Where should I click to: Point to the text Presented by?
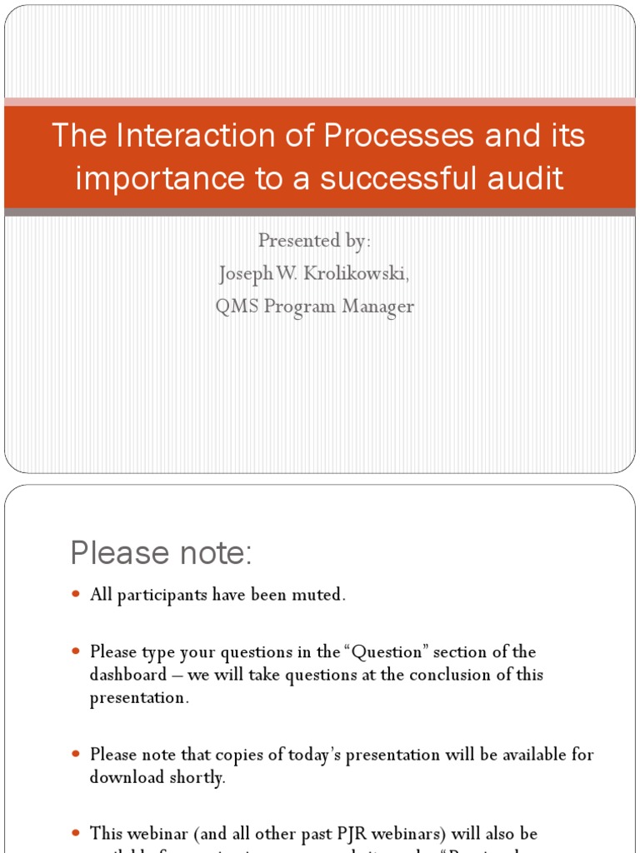(314, 241)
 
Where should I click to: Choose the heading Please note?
(161, 552)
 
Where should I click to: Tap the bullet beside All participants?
(76, 595)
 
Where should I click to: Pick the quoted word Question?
(422, 652)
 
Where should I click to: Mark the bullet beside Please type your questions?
(76, 651)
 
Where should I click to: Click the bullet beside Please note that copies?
(76, 755)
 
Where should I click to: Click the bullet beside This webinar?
(76, 833)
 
